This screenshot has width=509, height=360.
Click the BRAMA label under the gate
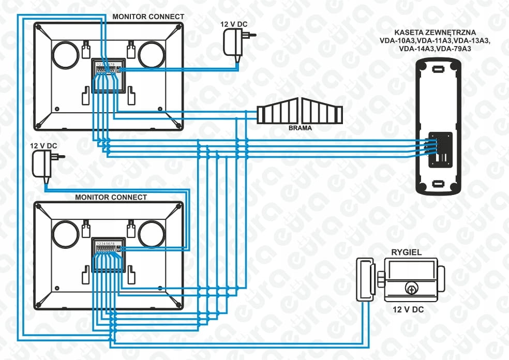point(300,127)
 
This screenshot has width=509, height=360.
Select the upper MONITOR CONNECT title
point(148,17)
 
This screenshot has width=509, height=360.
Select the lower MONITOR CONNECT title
point(111,197)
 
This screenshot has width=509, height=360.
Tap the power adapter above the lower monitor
point(43,164)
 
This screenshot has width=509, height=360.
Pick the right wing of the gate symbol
point(322,112)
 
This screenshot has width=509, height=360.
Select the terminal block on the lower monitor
point(108,256)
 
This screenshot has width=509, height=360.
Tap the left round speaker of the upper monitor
point(66,54)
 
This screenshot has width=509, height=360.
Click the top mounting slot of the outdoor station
point(438,68)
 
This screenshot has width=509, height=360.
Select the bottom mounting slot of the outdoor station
point(438,183)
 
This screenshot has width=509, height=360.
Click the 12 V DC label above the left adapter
point(44,146)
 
